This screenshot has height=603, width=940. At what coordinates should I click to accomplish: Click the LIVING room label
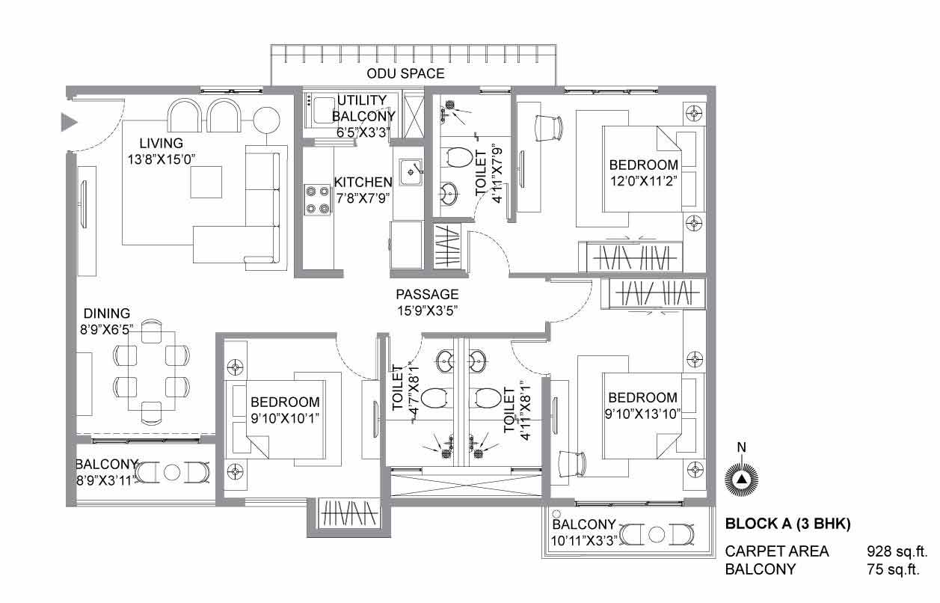coord(161,143)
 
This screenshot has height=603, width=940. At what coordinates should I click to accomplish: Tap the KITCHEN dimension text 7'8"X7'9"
coord(363,198)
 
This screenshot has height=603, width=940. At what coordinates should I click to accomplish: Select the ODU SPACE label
coord(405,73)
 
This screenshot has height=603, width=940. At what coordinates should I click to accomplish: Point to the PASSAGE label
coord(427,294)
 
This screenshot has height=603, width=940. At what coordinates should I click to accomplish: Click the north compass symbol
coord(742,479)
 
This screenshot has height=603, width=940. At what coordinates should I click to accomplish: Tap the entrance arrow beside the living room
coord(69,122)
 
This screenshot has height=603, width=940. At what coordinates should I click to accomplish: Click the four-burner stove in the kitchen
coord(317,201)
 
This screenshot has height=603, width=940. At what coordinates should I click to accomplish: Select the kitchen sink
coord(411,172)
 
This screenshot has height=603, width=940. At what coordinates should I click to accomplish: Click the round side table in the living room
coord(266,120)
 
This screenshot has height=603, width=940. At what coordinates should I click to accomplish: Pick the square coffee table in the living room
coord(206,182)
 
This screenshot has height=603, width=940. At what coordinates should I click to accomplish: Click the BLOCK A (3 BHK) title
coord(787,524)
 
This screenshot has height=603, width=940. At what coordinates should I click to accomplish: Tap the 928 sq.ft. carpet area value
coord(897,551)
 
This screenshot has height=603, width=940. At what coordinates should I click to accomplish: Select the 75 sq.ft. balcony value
coord(893,569)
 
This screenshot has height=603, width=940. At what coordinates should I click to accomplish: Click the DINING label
coord(107,313)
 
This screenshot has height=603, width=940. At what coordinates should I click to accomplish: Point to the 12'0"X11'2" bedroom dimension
coord(644,181)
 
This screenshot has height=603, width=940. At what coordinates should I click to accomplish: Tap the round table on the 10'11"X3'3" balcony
coord(657,535)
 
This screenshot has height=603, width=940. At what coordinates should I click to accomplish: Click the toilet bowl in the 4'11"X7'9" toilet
coord(459,157)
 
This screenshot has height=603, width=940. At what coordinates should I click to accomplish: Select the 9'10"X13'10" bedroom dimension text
coord(642,414)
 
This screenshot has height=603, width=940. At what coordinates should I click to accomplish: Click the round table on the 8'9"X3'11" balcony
coord(172,472)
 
